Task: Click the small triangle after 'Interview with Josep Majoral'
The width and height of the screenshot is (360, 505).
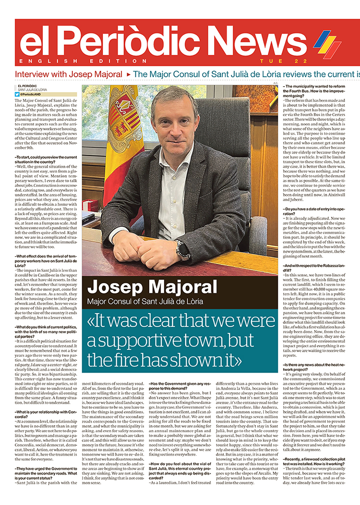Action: coord(128,74)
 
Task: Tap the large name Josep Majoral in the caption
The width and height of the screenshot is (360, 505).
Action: coord(152,287)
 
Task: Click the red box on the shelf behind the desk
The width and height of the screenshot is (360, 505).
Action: coord(90,206)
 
